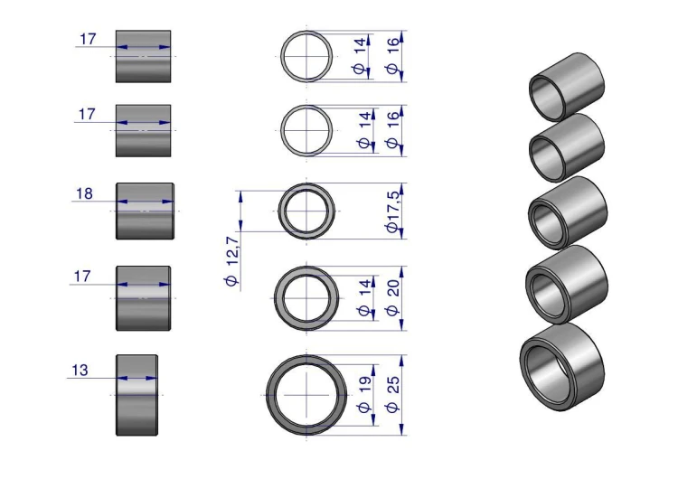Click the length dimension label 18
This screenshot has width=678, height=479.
[x=84, y=193]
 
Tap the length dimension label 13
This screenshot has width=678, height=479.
[x=80, y=371]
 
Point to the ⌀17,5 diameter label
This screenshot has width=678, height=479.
[x=393, y=211]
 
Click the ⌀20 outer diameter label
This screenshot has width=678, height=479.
[x=392, y=298]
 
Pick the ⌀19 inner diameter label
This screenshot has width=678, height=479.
[x=365, y=394]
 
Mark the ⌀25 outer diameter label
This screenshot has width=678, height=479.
[x=392, y=394]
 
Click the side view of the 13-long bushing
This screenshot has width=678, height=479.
[x=137, y=395]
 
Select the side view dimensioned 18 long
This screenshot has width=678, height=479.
[x=145, y=211]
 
